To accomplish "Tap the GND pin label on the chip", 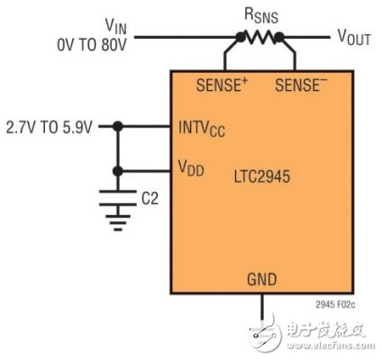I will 262,279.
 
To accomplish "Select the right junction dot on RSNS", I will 282,38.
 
